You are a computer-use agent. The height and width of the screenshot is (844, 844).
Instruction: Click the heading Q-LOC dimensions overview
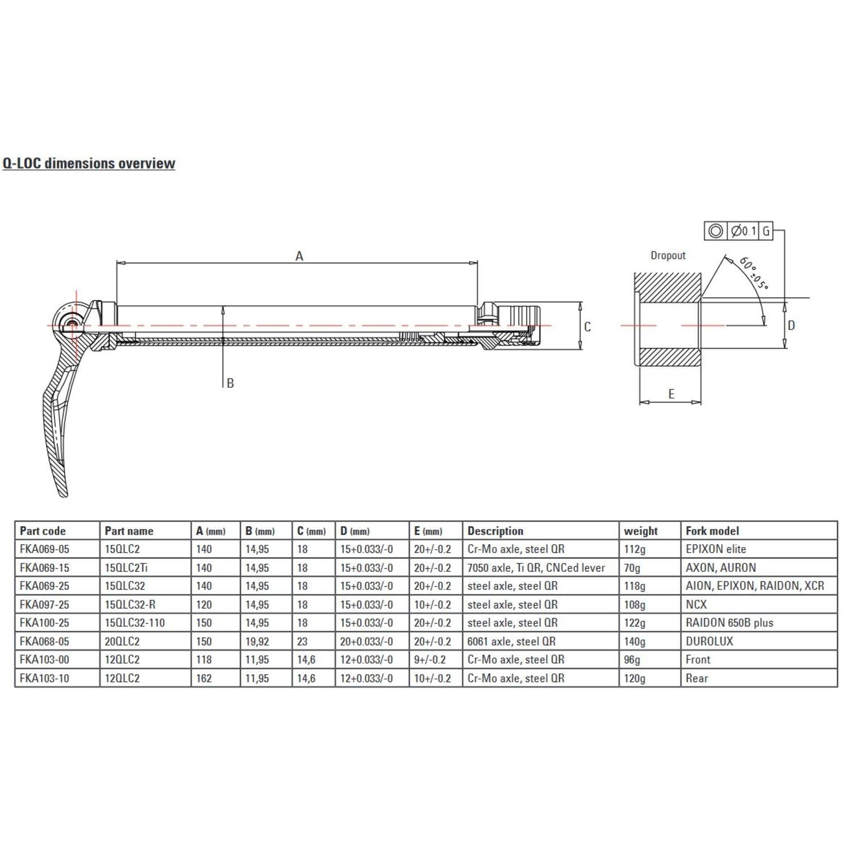89,163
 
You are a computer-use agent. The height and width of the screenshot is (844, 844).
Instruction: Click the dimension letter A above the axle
299,256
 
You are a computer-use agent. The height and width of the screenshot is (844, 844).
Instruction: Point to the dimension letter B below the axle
230,383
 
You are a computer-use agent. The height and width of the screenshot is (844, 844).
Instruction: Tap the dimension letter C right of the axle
587,327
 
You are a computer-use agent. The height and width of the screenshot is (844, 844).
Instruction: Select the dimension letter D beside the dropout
791,326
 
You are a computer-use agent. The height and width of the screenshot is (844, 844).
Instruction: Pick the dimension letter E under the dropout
671,394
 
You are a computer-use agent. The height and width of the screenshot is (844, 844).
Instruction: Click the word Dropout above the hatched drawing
668,255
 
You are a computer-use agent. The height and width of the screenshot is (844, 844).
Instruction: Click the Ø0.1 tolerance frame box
743,231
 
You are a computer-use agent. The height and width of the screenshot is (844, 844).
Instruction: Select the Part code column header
43,531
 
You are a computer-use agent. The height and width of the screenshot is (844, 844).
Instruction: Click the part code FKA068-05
44,641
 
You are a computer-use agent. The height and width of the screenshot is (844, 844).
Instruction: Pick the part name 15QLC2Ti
126,568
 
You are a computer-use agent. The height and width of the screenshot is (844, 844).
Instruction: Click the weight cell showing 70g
632,568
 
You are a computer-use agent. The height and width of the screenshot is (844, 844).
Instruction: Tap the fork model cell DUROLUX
710,641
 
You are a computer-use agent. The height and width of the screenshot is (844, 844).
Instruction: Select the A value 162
204,678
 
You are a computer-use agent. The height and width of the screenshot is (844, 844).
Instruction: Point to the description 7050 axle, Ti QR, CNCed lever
536,568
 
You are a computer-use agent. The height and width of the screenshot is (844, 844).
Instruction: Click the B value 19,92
257,641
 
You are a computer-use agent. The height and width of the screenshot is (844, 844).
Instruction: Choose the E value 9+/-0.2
430,659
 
